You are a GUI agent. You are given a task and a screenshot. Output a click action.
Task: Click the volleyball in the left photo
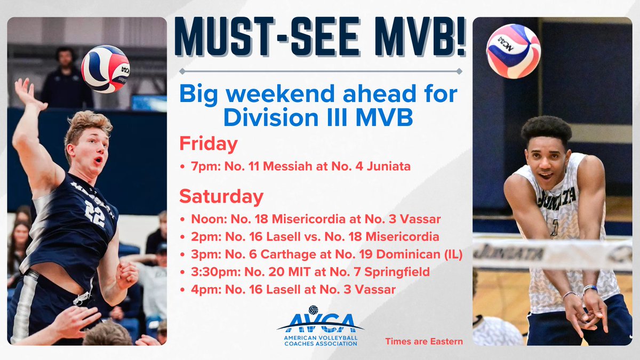click(105, 69)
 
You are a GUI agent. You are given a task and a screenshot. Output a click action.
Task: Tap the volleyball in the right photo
click(513, 51)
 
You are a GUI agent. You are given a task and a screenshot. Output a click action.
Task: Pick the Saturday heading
click(221, 196)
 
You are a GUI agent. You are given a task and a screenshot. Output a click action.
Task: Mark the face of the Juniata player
click(546, 160)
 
